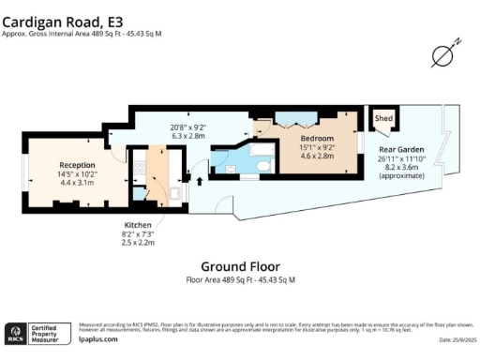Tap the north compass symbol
[x=442, y=55]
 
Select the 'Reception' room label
[x=77, y=164]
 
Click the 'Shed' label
[x=383, y=119]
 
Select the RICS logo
[x=15, y=334]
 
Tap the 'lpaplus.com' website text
[x=97, y=338]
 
